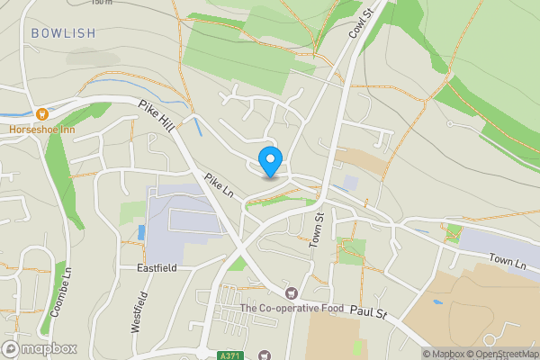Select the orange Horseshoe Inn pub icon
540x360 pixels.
click(40, 113)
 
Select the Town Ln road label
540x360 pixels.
click(507, 260)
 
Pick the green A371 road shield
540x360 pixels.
click(230, 355)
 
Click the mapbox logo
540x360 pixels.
click(40, 348)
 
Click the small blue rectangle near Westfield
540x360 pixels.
click(141, 232)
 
